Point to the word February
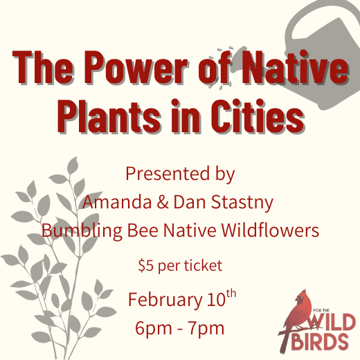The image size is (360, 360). click(x=163, y=301)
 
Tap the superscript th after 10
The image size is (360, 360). click(x=231, y=295)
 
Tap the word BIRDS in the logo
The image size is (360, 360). click(x=323, y=342)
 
